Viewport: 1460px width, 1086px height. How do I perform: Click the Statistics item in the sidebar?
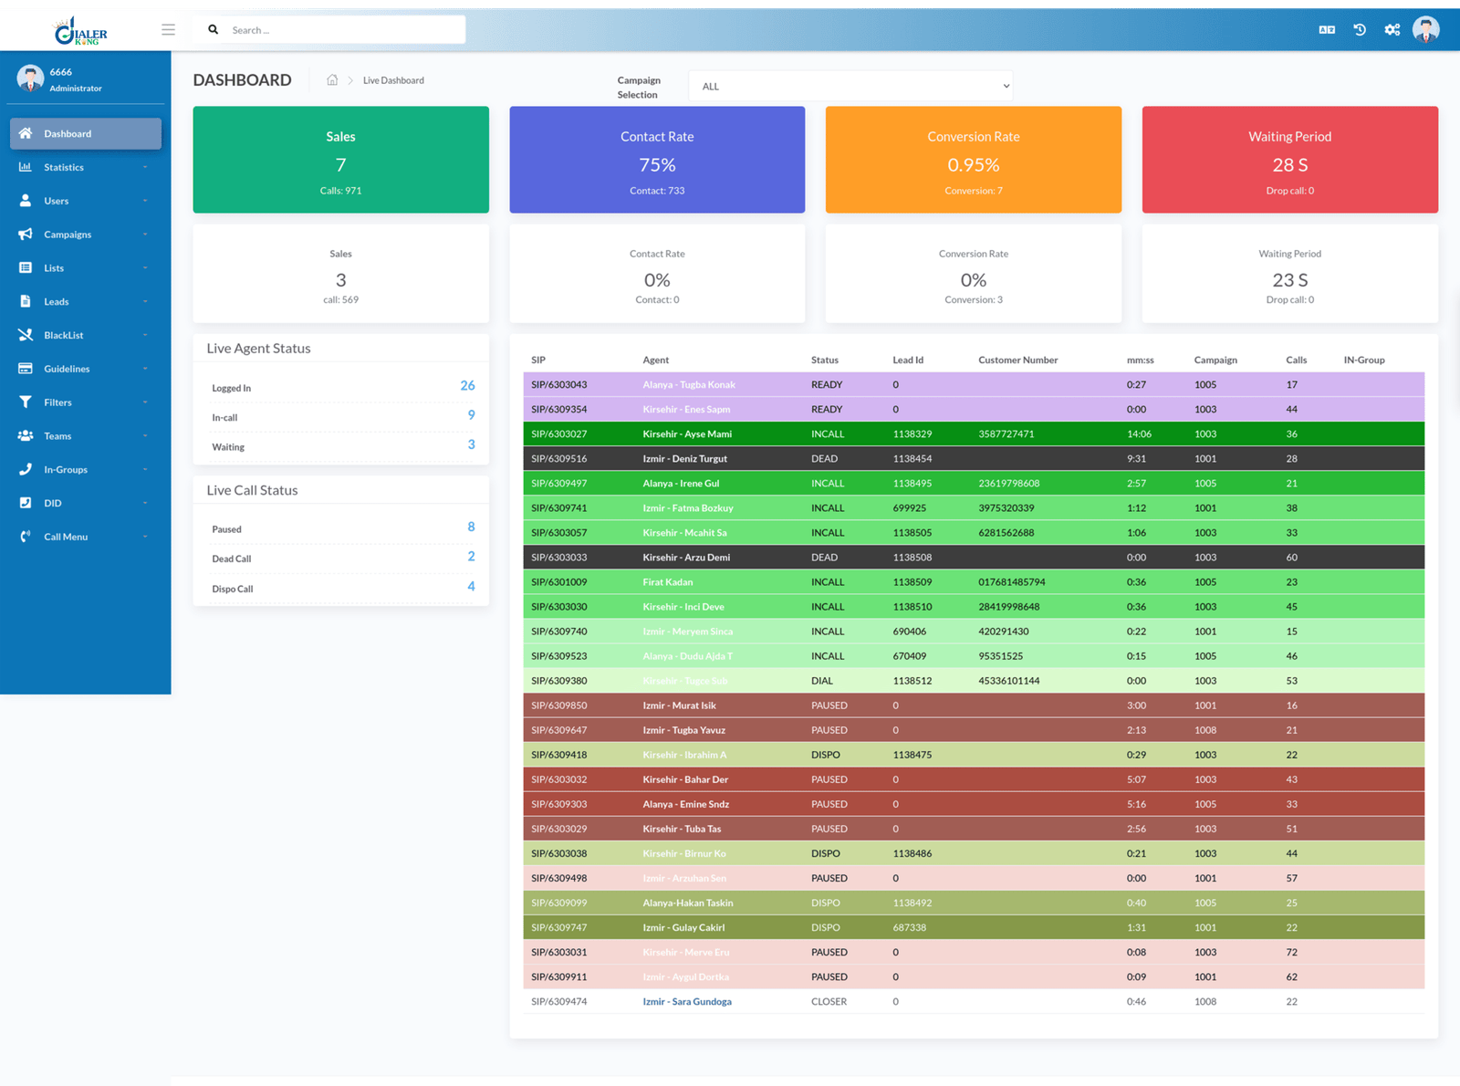click(x=64, y=167)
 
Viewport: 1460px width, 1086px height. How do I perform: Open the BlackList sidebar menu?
click(x=63, y=335)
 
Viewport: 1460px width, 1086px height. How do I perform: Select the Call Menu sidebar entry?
click(x=66, y=537)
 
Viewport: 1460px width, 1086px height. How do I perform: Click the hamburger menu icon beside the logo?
click(x=168, y=29)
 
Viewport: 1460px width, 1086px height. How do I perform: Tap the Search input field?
click(x=342, y=30)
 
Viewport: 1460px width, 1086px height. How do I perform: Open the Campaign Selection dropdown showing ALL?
click(x=850, y=86)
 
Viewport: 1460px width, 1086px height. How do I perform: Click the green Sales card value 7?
click(x=340, y=165)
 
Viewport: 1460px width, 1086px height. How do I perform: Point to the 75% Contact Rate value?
click(x=657, y=165)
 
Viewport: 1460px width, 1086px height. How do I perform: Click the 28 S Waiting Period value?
click(x=1289, y=165)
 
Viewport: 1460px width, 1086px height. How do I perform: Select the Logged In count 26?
click(x=467, y=386)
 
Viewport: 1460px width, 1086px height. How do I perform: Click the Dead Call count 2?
click(x=471, y=557)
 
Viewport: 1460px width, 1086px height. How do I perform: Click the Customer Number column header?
click(x=1017, y=360)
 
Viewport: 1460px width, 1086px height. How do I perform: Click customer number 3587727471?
click(x=1006, y=433)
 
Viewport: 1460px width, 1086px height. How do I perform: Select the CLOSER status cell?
click(x=829, y=1001)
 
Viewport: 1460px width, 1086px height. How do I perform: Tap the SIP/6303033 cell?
click(x=558, y=557)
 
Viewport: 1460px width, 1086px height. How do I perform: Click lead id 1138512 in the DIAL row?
click(x=912, y=681)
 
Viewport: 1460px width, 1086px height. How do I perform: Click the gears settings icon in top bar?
click(x=1392, y=29)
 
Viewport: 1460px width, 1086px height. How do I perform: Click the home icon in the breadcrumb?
click(x=332, y=80)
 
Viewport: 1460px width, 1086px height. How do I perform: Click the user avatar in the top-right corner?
click(x=1425, y=29)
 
